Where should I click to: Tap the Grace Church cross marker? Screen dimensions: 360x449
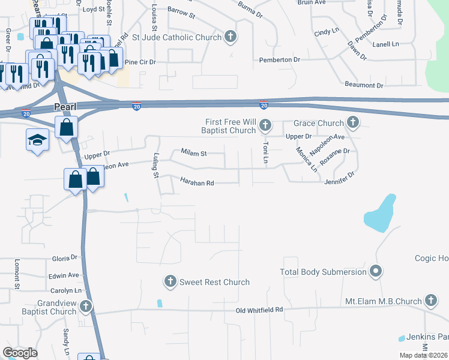pos(352,123)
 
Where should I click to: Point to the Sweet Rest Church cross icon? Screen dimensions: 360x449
pos(170,281)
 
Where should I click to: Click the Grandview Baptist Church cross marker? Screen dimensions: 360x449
pos(85,307)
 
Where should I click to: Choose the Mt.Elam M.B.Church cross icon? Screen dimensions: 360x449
pos(430,301)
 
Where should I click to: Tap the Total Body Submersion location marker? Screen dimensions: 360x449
pos(376,271)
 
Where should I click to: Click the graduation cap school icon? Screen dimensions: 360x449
pos(37,140)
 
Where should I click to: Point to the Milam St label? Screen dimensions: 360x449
pos(194,154)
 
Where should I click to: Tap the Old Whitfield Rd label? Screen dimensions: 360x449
pos(259,310)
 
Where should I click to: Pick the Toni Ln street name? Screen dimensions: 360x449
pos(264,153)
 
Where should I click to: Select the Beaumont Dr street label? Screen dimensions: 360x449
pos(364,86)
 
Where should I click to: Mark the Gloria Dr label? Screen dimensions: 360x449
pos(65,257)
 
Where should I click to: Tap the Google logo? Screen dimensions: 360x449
pos(20,353)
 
